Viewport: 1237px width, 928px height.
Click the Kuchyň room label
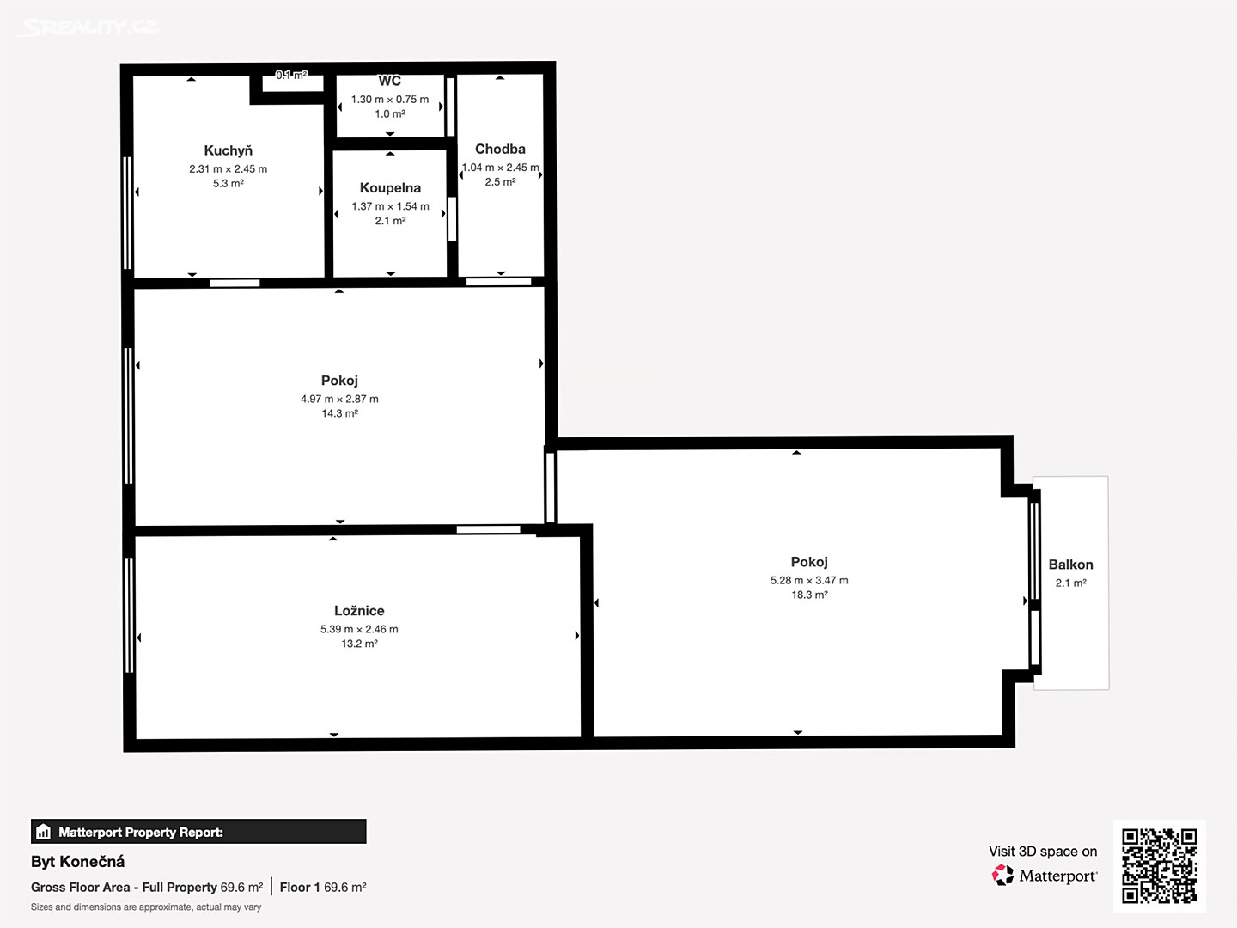coord(228,150)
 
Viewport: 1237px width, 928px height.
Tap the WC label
coord(389,81)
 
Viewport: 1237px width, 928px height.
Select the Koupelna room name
coord(390,187)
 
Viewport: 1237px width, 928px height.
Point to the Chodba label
coord(500,149)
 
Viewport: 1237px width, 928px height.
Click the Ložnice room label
coord(359,611)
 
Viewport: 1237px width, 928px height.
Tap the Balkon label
coord(1070,565)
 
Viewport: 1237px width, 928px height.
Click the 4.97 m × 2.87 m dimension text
coord(339,399)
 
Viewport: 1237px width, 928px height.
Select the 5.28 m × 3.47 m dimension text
coord(808,580)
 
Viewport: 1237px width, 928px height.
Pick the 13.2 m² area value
coord(359,644)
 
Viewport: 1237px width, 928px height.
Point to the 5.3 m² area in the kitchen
coord(228,183)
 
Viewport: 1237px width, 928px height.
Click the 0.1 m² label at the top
coord(291,75)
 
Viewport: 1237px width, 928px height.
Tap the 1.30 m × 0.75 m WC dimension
coord(389,99)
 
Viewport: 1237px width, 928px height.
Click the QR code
coord(1159,866)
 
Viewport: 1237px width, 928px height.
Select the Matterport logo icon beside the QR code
coord(1002,875)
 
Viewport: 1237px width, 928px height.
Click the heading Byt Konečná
coord(78,862)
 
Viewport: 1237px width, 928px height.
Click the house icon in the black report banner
coord(44,832)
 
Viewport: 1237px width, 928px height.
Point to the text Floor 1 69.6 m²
coord(323,888)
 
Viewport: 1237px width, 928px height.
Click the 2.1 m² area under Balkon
coord(1070,583)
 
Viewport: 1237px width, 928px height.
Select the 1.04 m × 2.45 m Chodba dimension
coord(501,168)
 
